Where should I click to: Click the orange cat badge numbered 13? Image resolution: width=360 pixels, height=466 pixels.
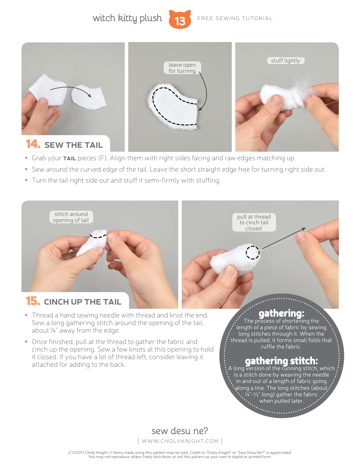click(x=180, y=19)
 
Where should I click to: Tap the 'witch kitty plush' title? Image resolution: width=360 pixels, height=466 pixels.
click(x=127, y=18)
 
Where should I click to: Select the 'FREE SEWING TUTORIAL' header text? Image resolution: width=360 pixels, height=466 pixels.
click(x=235, y=18)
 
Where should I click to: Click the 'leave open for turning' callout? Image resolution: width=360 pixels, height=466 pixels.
click(x=182, y=68)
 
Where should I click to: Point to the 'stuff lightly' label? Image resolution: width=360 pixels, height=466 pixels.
click(x=286, y=61)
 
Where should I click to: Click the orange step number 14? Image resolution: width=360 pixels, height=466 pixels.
click(x=33, y=144)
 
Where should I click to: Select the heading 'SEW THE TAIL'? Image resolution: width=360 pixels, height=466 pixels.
click(x=74, y=145)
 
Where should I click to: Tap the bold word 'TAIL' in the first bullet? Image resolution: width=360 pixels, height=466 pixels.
click(x=69, y=158)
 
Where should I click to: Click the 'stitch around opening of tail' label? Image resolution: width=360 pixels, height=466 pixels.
click(x=71, y=217)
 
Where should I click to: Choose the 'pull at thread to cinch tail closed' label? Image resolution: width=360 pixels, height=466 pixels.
click(x=254, y=222)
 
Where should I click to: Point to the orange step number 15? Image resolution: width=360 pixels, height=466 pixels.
click(x=33, y=301)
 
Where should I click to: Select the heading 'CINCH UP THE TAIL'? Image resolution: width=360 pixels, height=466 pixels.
click(x=83, y=302)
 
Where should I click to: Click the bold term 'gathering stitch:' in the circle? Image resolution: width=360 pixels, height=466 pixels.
click(x=281, y=361)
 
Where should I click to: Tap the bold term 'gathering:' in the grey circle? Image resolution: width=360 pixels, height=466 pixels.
click(x=281, y=314)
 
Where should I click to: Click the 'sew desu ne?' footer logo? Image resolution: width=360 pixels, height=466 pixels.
click(x=180, y=431)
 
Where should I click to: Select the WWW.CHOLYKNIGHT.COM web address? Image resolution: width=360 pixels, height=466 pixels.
click(x=180, y=441)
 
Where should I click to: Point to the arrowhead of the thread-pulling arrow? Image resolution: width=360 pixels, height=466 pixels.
click(x=304, y=229)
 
